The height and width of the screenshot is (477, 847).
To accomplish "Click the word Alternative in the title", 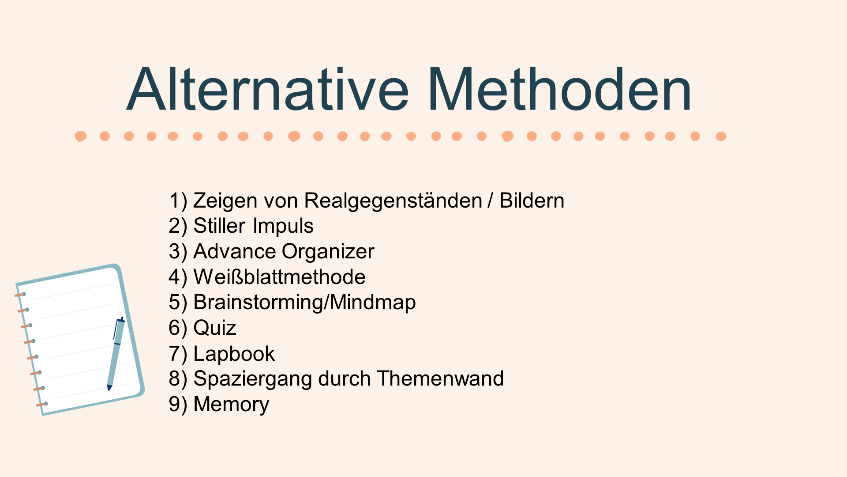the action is click(268, 89).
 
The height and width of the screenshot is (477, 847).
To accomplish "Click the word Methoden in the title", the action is click(559, 89).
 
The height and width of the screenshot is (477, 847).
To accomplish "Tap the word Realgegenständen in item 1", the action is click(393, 201).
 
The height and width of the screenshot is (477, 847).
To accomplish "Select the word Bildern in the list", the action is click(532, 201).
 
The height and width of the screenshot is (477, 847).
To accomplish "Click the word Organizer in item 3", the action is click(328, 252).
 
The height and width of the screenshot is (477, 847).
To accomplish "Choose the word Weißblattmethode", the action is click(279, 277).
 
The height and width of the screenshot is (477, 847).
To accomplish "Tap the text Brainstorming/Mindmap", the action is click(304, 303).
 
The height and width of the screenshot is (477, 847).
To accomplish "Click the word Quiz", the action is click(215, 328).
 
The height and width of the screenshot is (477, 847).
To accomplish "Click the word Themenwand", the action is click(440, 379).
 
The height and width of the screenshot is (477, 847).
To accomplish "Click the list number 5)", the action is click(178, 303).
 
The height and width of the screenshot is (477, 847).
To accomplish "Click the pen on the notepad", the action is click(116, 353).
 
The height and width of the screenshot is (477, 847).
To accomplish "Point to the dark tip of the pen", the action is click(109, 388).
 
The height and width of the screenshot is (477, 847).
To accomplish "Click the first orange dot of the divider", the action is click(80, 136).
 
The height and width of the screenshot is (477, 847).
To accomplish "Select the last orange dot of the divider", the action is click(721, 136).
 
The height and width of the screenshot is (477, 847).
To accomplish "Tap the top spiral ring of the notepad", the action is click(20, 294).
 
